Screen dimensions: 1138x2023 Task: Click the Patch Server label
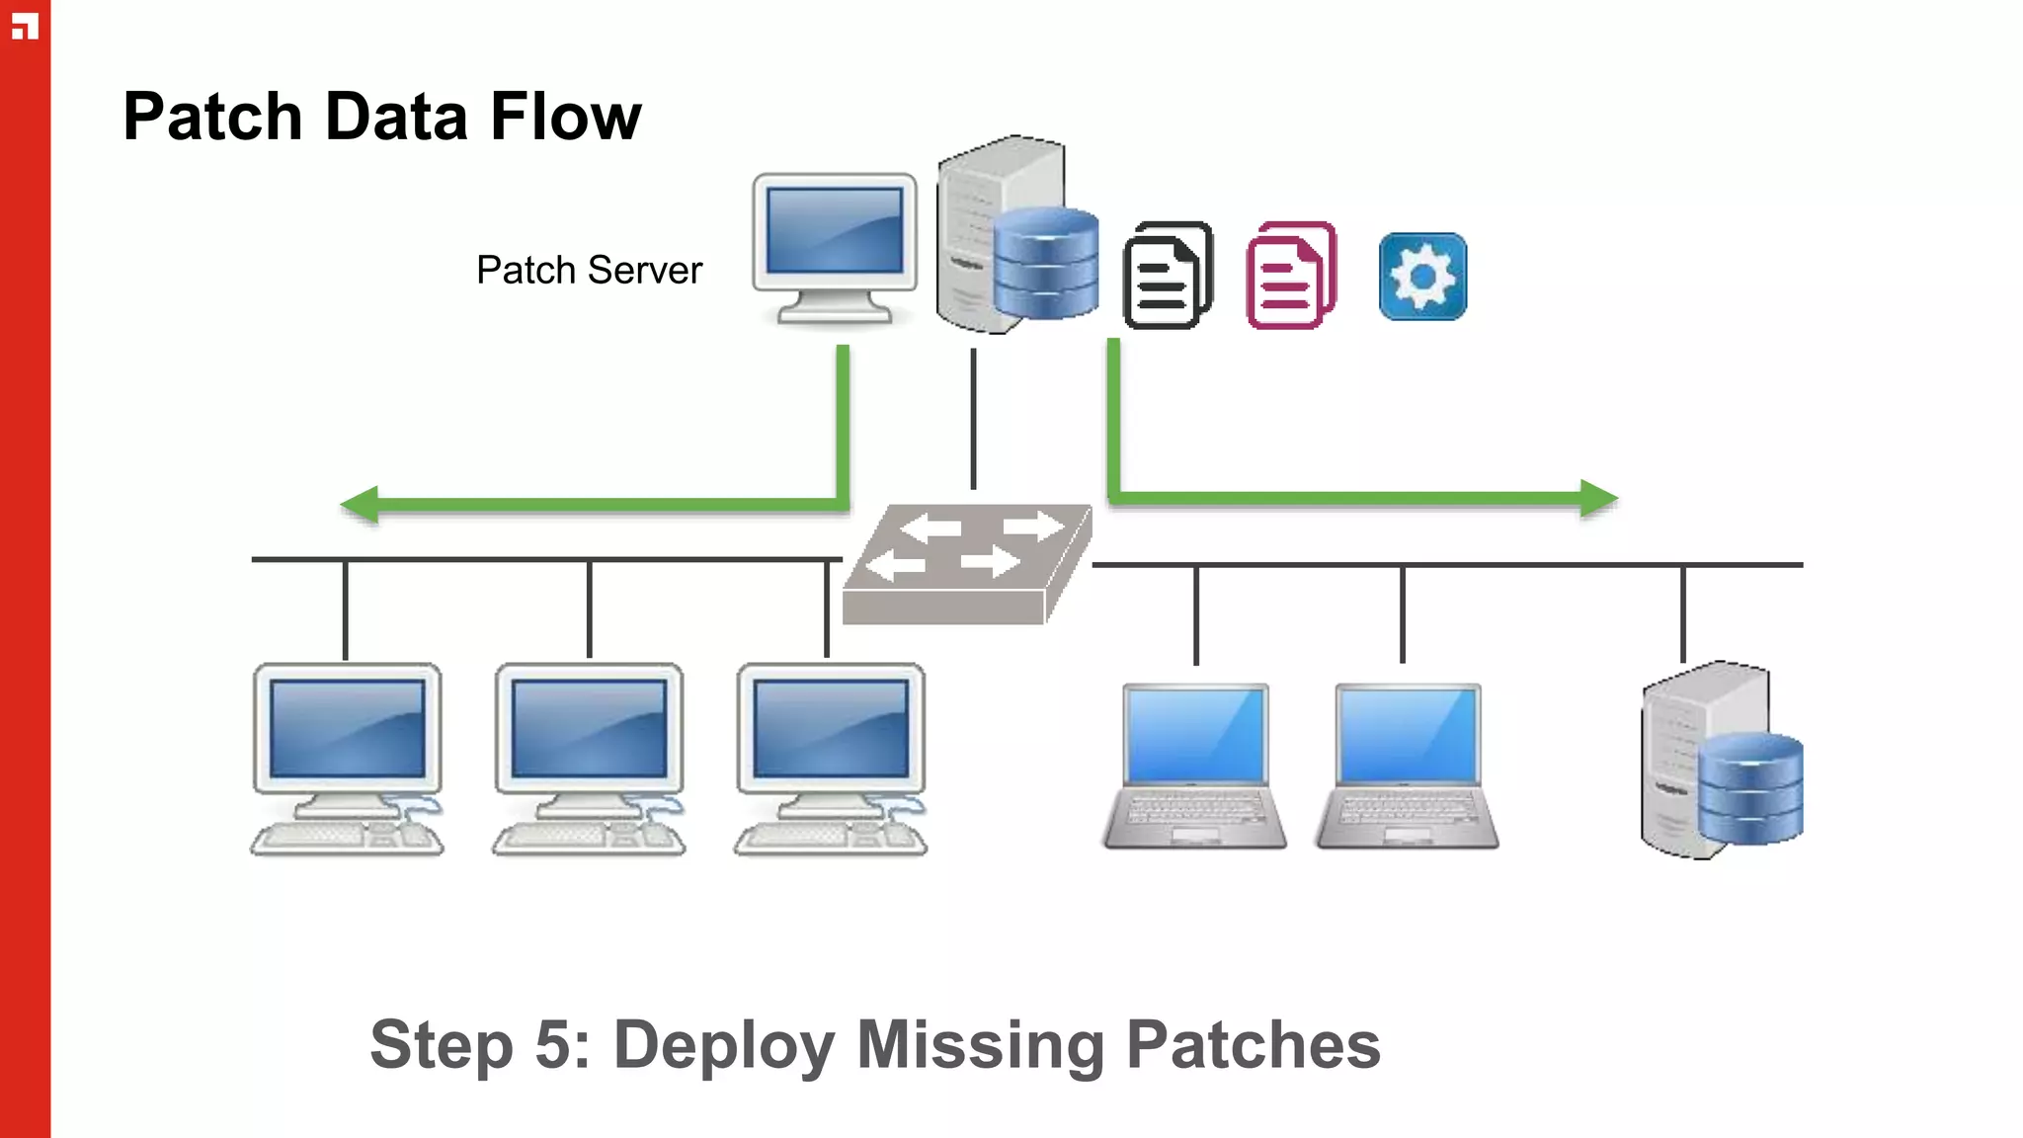pos(589,270)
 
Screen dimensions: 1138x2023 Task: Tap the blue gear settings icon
pos(1422,277)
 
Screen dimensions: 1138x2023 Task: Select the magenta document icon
pos(1290,276)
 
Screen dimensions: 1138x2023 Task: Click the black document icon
pos(1168,276)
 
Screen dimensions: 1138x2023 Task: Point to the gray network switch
pos(966,564)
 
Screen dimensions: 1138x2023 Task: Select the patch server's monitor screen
pos(835,231)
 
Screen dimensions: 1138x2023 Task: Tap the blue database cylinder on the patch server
pos(1045,263)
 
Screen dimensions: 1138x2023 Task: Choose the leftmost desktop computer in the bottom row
pos(347,758)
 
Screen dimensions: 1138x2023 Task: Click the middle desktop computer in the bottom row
pos(589,758)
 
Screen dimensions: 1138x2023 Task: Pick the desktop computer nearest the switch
pos(831,758)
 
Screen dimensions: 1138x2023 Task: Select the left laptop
pos(1195,767)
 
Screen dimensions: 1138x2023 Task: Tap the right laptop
pos(1408,767)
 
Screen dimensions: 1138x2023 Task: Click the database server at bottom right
pos(1721,761)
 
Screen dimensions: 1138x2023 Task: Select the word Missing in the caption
pos(980,1045)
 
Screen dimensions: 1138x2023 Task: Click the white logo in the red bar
pos(25,27)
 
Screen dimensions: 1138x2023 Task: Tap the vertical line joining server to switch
pos(973,418)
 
